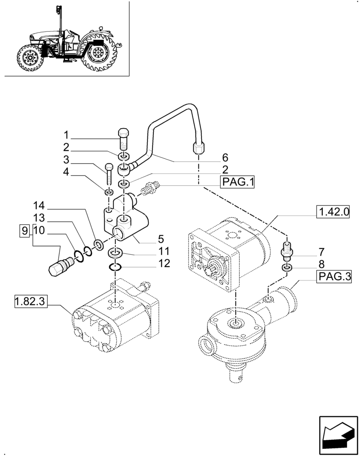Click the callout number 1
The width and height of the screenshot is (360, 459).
click(66, 135)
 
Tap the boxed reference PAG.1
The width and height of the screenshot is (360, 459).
click(238, 183)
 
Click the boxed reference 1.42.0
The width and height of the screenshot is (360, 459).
click(335, 212)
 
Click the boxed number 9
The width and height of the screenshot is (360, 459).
click(24, 230)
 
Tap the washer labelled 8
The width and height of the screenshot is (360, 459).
click(287, 267)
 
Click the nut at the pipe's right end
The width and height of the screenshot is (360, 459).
click(198, 147)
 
